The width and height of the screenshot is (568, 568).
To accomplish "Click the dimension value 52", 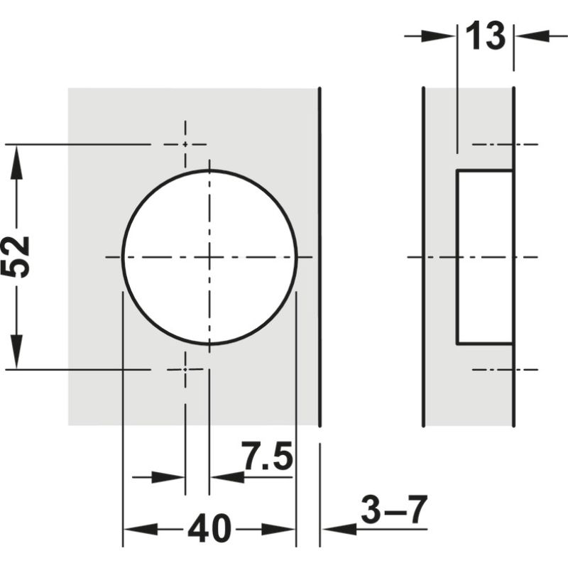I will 16,256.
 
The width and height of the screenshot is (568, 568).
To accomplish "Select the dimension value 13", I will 486,36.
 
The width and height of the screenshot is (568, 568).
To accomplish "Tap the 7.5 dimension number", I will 267,457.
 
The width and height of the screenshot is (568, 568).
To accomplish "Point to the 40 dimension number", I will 209,529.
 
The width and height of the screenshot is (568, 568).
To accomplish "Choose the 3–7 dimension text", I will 394,510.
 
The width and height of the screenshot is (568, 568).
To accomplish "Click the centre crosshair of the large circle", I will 209,256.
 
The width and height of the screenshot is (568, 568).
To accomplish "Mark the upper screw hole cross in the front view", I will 185,144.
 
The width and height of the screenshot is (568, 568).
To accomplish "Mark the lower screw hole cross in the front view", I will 185,369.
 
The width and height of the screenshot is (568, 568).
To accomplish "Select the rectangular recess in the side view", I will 484,257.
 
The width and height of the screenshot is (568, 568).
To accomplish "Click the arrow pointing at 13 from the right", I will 530,35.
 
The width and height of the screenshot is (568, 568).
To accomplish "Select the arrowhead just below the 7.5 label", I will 227,477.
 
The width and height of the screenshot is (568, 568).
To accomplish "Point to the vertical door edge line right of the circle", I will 320,256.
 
